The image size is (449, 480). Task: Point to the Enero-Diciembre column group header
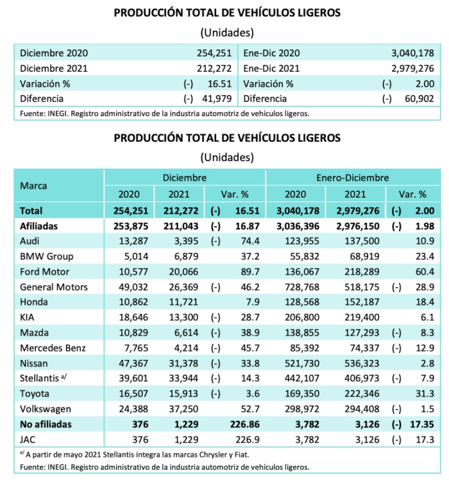coord(353,177)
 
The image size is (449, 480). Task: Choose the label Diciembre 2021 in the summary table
coord(54,68)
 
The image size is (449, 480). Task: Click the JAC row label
coord(30,439)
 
